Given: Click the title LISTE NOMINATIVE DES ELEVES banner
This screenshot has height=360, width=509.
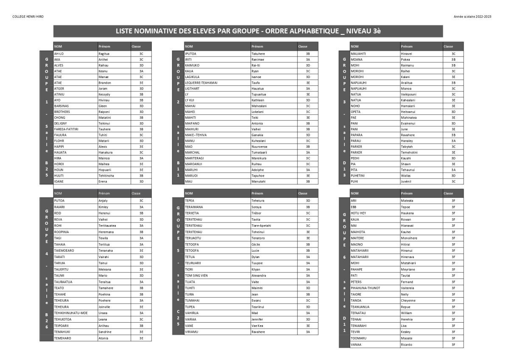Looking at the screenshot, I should [x=248, y=31].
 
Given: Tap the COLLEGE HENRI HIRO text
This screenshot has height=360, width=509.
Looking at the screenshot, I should [x=28, y=17].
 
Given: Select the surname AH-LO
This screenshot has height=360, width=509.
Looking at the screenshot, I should [x=59, y=54].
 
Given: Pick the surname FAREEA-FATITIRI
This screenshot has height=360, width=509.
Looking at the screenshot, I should [x=66, y=129].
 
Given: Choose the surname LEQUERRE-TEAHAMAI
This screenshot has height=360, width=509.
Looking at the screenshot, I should [x=201, y=83].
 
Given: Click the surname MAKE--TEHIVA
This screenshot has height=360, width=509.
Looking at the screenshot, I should [x=196, y=135].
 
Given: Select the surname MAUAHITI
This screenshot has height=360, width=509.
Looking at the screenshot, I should [x=358, y=54].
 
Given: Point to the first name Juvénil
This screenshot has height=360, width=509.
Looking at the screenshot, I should [x=407, y=181].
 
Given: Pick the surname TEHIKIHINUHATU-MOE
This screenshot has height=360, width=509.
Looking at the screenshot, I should [x=71, y=313].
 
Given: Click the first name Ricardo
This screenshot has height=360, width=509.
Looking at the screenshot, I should [x=406, y=345].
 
